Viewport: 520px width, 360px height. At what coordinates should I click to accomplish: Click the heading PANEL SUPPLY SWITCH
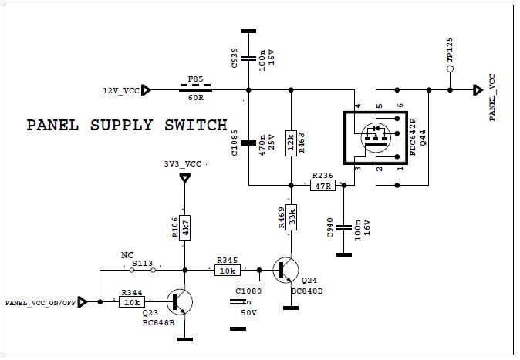point(127,125)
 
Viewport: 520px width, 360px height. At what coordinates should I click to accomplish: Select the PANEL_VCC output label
point(492,98)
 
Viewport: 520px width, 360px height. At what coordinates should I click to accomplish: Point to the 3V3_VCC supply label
point(183,164)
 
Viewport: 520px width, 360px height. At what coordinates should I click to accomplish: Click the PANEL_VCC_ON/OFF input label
point(41,302)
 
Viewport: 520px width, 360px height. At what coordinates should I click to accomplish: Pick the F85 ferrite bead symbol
point(196,90)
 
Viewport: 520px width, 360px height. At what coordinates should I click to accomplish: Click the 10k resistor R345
point(228,271)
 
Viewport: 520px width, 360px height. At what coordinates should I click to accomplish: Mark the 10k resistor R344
point(131,302)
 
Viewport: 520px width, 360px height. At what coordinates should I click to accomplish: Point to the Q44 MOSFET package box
point(374,140)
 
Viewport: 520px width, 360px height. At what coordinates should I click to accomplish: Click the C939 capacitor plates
point(248,57)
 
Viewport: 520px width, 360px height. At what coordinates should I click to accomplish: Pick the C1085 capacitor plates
point(248,142)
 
